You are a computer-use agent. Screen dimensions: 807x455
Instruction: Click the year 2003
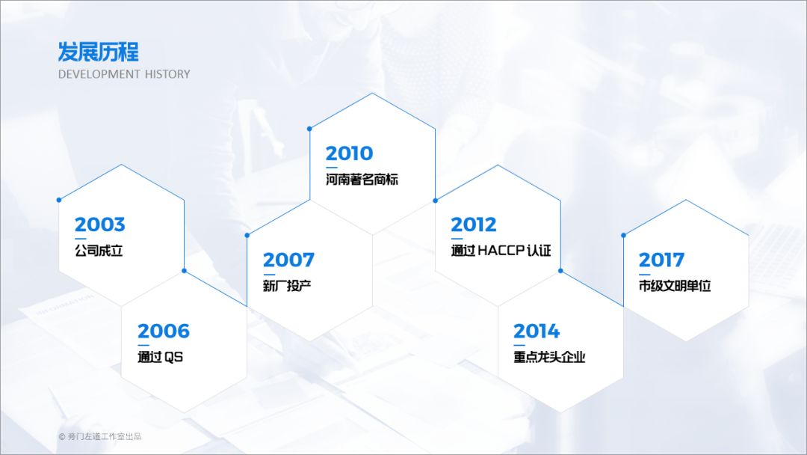click(x=100, y=225)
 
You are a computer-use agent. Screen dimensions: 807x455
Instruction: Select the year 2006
click(x=164, y=331)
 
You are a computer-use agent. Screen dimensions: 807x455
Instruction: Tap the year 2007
click(x=288, y=260)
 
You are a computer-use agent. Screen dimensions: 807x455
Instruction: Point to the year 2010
click(x=350, y=153)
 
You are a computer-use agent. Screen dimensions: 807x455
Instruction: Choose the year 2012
click(x=474, y=225)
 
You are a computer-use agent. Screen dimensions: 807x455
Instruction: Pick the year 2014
click(x=537, y=332)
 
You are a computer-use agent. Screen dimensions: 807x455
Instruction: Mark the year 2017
click(x=661, y=260)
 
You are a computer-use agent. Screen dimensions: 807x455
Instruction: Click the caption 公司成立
click(x=99, y=251)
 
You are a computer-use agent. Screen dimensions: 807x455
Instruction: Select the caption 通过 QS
click(x=160, y=357)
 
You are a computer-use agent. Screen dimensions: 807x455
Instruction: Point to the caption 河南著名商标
click(x=362, y=180)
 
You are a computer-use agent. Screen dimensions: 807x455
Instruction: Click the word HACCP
click(x=501, y=251)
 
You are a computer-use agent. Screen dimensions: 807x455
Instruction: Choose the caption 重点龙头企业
click(x=549, y=357)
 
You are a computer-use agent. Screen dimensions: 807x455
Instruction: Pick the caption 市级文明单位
click(x=675, y=286)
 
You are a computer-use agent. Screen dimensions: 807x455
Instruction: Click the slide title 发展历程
click(x=99, y=52)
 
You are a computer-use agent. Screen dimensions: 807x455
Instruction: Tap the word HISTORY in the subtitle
click(x=167, y=74)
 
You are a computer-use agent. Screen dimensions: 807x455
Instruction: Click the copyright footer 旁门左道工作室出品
click(x=105, y=436)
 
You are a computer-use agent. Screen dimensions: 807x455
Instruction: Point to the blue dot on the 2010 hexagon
click(x=309, y=129)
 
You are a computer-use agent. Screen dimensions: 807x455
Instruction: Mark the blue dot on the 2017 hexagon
click(x=623, y=236)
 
